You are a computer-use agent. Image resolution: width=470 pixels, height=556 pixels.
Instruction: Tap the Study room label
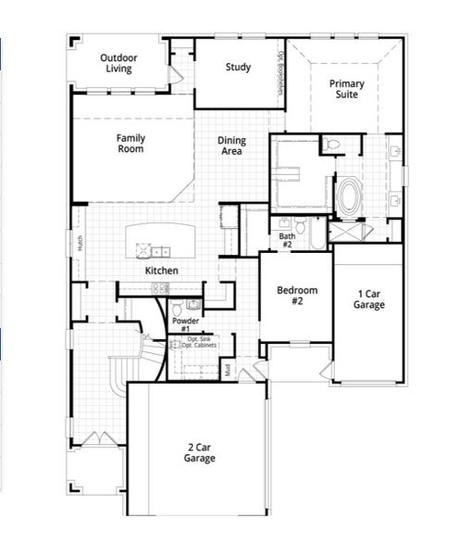pyautogui.click(x=238, y=68)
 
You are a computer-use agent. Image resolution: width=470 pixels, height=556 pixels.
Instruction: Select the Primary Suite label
pyautogui.click(x=347, y=89)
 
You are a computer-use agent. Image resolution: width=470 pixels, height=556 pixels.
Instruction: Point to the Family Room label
pyautogui.click(x=130, y=144)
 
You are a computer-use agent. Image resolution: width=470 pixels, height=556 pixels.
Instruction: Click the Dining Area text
pyautogui.click(x=231, y=146)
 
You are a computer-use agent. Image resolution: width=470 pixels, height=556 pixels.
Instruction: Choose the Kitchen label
pyautogui.click(x=161, y=271)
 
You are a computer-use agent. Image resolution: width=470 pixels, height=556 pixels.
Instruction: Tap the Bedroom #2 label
pyautogui.click(x=298, y=296)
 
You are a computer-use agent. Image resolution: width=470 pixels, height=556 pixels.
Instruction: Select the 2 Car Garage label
pyautogui.click(x=200, y=452)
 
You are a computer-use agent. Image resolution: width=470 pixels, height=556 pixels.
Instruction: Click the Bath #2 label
pyautogui.click(x=287, y=240)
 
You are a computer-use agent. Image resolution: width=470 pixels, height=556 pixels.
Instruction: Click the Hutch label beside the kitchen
pyautogui.click(x=80, y=244)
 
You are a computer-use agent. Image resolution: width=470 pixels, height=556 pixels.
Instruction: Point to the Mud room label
pyautogui.click(x=228, y=370)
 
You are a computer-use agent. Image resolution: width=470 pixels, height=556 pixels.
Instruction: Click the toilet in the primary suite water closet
pyautogui.click(x=333, y=144)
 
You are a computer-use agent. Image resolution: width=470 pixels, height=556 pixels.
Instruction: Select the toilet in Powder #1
pyautogui.click(x=192, y=304)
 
